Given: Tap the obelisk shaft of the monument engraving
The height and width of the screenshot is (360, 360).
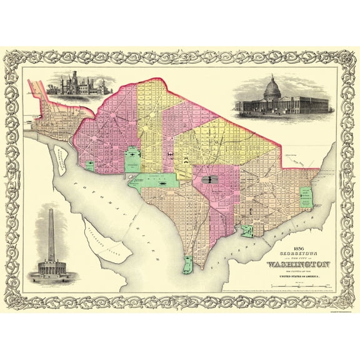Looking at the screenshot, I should [51, 231].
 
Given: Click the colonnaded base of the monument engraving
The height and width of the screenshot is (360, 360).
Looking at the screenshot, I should [51, 268].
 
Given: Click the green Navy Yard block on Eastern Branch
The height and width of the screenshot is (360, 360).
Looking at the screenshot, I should [248, 231].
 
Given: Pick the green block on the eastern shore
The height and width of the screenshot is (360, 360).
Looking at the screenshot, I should [306, 197].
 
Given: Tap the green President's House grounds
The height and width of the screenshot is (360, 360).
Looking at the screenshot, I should [132, 159].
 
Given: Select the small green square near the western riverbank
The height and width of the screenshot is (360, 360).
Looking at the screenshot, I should [90, 166].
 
